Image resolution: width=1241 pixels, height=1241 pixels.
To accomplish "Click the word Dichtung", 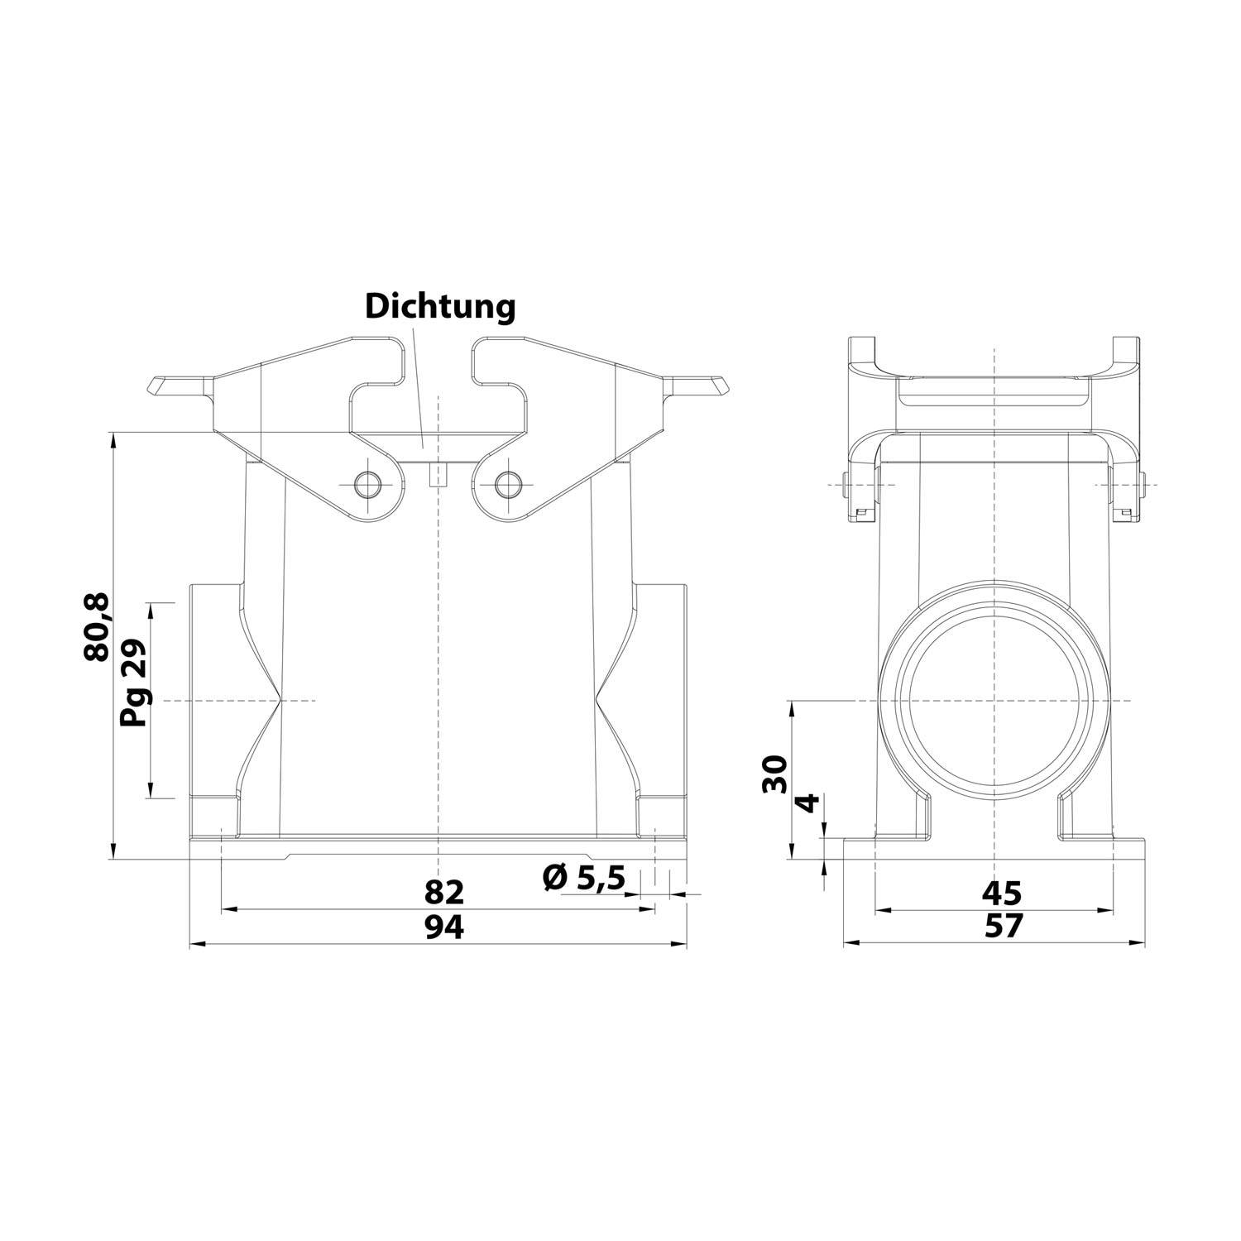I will point(440,306).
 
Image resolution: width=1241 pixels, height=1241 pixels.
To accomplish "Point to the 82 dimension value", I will point(444,893).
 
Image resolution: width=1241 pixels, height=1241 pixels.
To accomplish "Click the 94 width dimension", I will point(444,927).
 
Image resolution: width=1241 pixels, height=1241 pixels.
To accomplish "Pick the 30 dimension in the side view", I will point(774,774).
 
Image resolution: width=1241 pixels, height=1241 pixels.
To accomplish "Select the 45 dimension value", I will point(1002,893).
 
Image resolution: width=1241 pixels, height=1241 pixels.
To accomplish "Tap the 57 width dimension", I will point(1004,926).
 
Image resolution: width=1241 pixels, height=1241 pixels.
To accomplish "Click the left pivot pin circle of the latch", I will point(365,484).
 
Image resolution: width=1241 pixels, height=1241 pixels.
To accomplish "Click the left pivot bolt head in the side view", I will point(846,486).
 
